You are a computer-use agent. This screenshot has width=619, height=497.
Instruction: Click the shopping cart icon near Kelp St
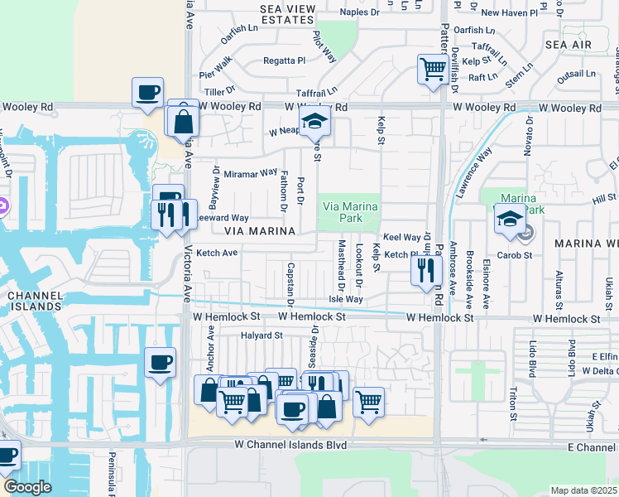tap(432, 69)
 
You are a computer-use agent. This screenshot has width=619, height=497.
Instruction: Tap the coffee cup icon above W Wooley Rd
tap(147, 92)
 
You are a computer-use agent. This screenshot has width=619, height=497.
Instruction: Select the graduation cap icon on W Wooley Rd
tap(314, 123)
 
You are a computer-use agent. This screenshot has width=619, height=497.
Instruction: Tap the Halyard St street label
tap(262, 335)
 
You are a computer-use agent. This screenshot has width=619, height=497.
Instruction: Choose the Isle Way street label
tap(345, 299)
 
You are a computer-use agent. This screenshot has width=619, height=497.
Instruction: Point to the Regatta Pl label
tap(285, 60)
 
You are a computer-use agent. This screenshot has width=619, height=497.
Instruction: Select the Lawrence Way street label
tap(472, 172)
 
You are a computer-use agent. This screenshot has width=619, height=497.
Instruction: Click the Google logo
tap(27, 487)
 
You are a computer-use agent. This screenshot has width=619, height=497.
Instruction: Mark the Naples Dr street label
tap(361, 12)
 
